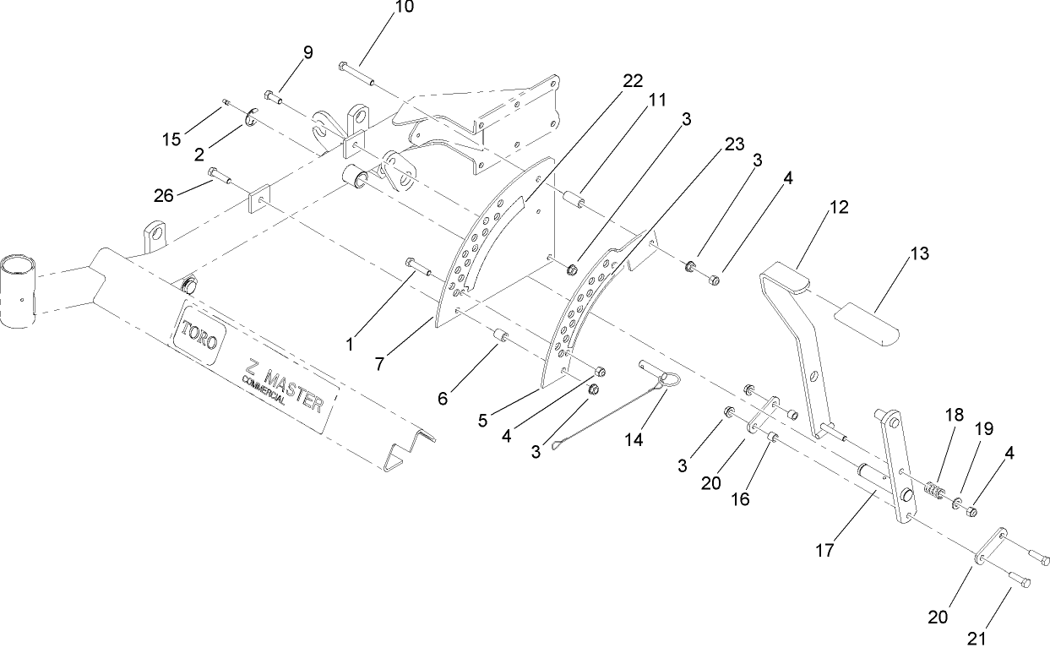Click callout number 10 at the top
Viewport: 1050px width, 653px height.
tap(405, 8)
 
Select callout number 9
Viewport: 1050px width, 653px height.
tap(307, 52)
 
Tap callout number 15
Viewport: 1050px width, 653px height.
tap(171, 139)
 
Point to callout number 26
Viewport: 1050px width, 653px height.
tap(163, 195)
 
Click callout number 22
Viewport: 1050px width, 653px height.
tap(632, 81)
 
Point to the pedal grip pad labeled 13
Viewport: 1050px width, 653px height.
tap(868, 326)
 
